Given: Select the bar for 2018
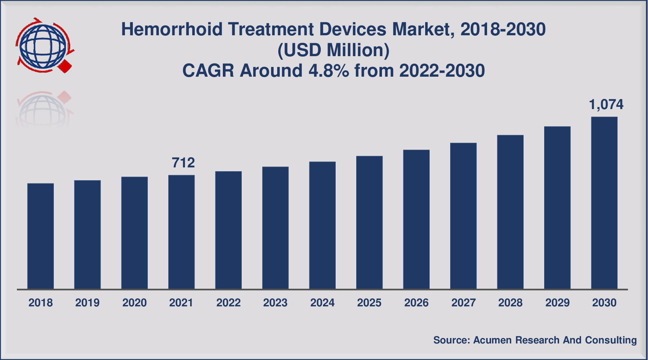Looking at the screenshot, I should pos(41,236).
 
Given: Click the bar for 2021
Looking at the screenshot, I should pos(181,232).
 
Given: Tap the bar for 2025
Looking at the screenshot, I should pos(369,222).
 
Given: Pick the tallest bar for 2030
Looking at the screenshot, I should pos(604,203).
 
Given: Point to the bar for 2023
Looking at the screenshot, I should pos(275,228).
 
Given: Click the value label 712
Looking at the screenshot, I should pos(183,163).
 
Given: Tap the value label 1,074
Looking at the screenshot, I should pos(606,105).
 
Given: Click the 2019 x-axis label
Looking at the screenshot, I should pos(87,303).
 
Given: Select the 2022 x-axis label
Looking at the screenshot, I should pos(228,303).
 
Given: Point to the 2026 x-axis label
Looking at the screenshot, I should pos(416,303).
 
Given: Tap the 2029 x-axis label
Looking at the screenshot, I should pos(557,303).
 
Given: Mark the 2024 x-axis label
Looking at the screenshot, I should pos(322,303).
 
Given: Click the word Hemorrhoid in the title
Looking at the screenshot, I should pos(172,30).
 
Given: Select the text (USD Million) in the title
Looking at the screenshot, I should pos(333,50).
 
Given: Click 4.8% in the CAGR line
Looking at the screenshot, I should pos(328,71).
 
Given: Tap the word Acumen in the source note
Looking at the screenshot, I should pos(492,340).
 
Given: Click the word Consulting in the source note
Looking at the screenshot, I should pos(611,340).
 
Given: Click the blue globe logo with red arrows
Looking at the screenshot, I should pos(44,45).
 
